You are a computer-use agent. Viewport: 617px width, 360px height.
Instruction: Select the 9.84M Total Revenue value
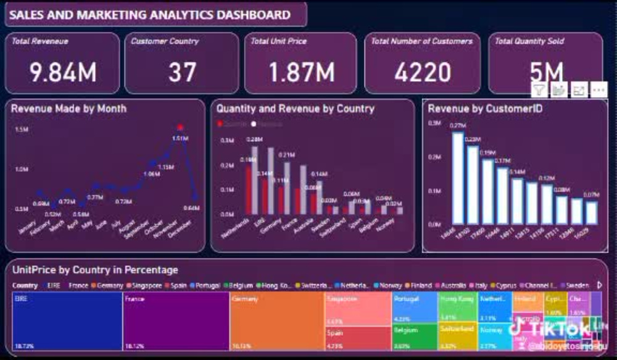click(64, 72)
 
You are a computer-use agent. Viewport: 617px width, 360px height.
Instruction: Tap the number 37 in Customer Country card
click(182, 72)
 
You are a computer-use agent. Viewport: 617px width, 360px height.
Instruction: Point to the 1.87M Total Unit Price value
click(301, 72)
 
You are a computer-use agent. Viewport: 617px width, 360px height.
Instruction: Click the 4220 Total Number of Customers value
click(423, 72)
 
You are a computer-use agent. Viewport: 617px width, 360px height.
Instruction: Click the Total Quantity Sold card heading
click(529, 41)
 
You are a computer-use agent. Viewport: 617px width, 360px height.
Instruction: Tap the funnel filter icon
click(539, 90)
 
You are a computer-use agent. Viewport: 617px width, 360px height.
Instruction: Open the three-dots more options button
click(598, 90)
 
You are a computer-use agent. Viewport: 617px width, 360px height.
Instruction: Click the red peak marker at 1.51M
click(180, 128)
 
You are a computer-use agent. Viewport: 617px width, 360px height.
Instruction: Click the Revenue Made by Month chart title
click(68, 109)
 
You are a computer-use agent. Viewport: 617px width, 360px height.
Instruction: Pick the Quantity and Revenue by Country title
click(295, 109)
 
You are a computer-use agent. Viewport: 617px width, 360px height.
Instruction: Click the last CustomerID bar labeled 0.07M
click(591, 212)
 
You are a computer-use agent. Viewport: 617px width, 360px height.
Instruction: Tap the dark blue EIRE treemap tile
click(67, 321)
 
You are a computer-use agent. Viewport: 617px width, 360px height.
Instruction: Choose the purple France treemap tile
click(176, 321)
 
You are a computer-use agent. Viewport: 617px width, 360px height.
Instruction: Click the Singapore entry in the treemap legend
click(145, 286)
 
